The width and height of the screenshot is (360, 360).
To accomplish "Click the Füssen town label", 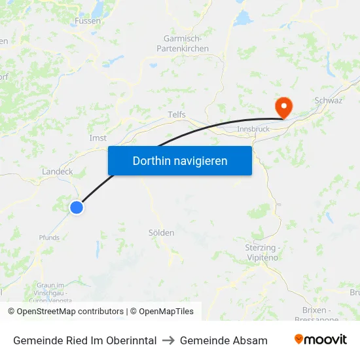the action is pos(88,20).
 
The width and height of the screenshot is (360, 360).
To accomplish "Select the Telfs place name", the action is pos(177,115).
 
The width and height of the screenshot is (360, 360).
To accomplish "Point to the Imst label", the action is pos(98,138).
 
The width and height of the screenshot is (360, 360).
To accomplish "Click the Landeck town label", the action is pos(57,171).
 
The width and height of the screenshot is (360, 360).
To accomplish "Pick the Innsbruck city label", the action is pos(253,129).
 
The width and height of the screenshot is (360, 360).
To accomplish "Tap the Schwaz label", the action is pos(329,100).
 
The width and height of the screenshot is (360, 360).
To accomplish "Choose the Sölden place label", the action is pos(161,232).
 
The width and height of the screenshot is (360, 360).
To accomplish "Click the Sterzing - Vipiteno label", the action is pos(261,253).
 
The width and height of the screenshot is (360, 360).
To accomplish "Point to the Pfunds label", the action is pos(49,238).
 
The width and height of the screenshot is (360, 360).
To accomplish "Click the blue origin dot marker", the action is pos(77,207).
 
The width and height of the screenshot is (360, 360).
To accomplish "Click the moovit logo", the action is pos(321,340).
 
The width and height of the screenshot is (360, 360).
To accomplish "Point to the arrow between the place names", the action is pos(168,340).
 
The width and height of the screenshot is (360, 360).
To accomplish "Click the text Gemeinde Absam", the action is pos(224,340).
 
